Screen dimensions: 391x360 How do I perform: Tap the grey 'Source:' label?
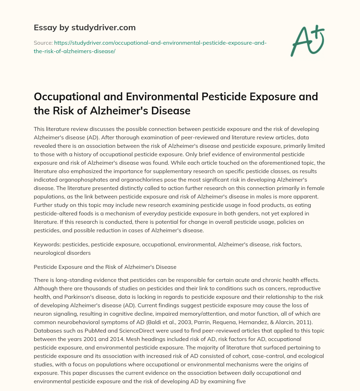43,43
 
